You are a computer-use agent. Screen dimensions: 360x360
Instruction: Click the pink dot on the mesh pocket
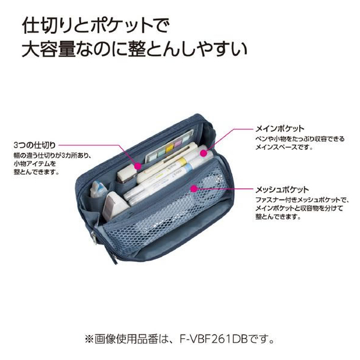coord(194,189)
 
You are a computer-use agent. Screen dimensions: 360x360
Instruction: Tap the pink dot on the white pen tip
coord(203,153)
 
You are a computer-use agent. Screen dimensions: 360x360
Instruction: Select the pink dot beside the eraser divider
coord(138,166)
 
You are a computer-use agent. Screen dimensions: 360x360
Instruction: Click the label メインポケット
coord(280,129)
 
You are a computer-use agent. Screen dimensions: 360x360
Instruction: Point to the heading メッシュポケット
coord(282,190)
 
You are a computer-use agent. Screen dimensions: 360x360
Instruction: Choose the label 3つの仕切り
coord(34,145)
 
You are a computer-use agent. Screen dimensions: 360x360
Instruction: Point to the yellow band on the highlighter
coord(181,161)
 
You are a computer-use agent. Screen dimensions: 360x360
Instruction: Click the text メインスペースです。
coord(284,147)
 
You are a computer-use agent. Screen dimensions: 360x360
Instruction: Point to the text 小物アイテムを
coord(35,164)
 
